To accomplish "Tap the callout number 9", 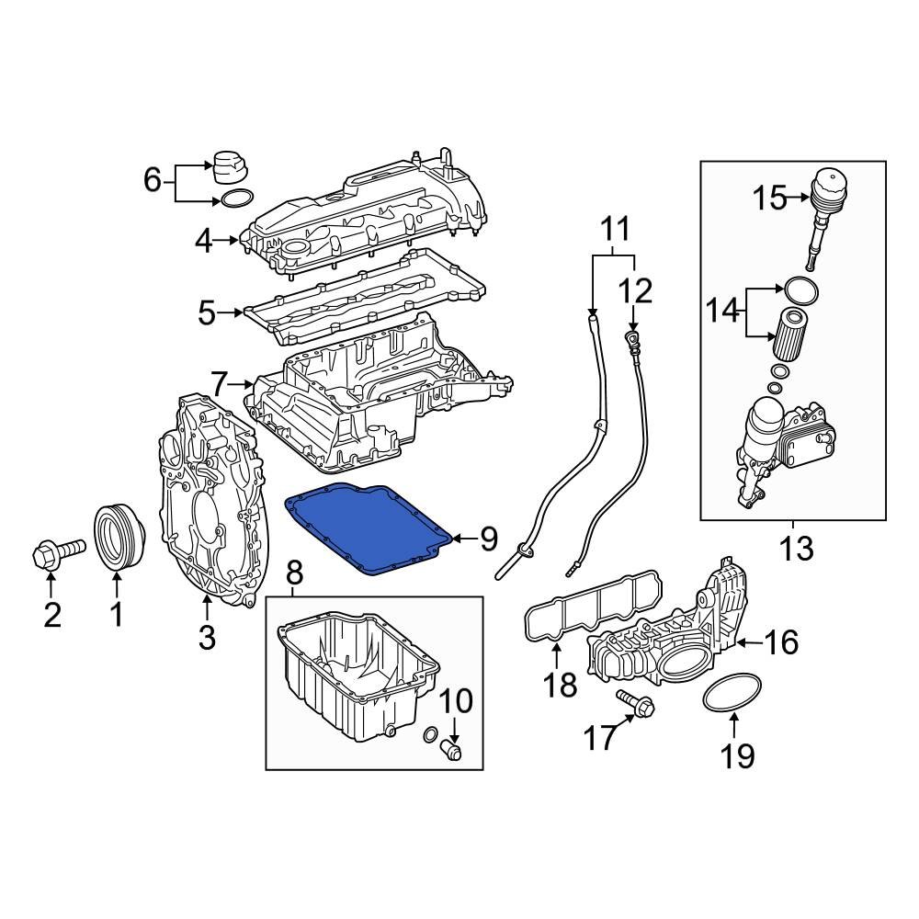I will click(489, 540).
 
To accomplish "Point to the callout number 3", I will click(207, 636).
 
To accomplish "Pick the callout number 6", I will click(153, 179).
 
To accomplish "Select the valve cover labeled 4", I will click(368, 216).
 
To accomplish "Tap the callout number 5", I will click(207, 313).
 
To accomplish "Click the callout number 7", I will click(218, 382).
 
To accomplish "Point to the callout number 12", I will click(634, 292).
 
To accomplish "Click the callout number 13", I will click(796, 549).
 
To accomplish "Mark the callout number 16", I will click(782, 642).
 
